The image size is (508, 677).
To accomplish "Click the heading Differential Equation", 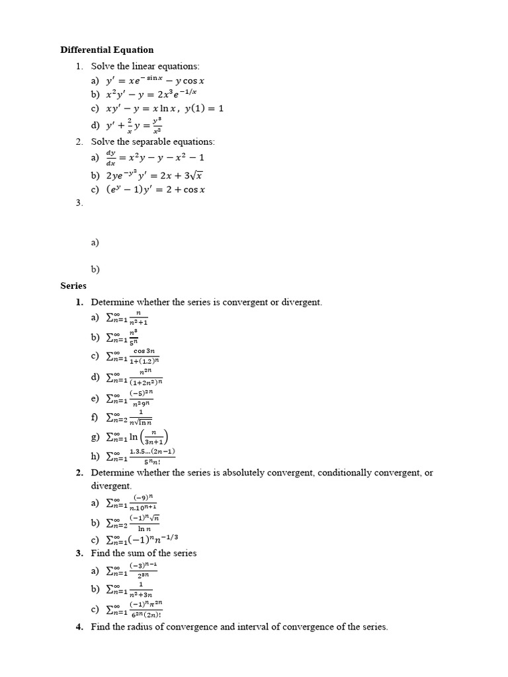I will coord(106,50).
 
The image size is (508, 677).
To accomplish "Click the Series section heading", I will coord(73,286).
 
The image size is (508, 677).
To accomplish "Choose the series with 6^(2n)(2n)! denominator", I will coord(135,609).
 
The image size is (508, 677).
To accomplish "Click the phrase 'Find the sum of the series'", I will coord(144,553).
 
